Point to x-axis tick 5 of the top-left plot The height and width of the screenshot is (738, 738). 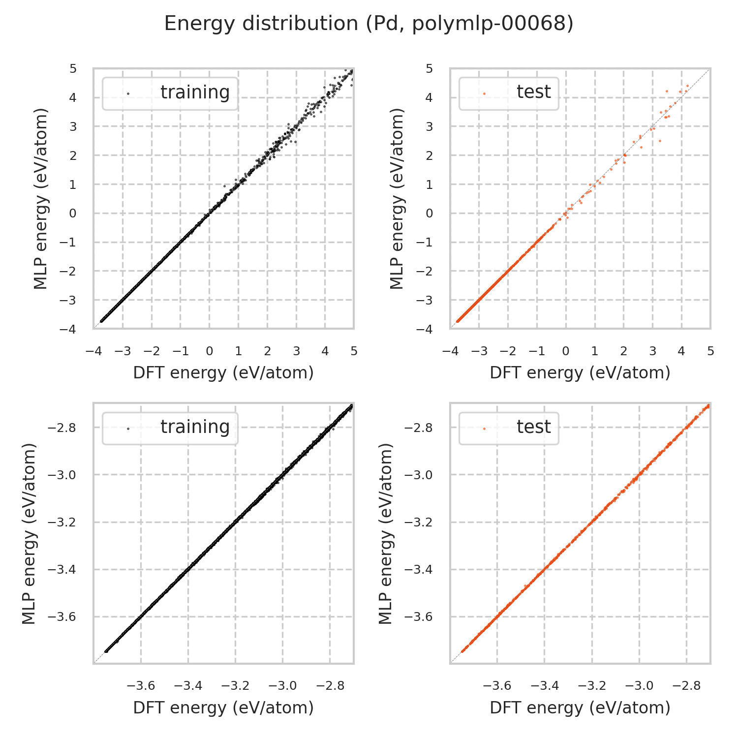pyautogui.click(x=354, y=351)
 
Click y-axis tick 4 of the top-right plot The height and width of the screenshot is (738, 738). pyautogui.click(x=430, y=97)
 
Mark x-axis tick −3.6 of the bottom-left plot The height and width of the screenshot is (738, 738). pyautogui.click(x=141, y=686)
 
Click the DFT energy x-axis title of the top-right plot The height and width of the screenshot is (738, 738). pyautogui.click(x=580, y=373)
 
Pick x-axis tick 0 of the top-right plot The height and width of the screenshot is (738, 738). pyautogui.click(x=566, y=351)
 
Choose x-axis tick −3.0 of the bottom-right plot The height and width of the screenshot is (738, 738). pyautogui.click(x=639, y=686)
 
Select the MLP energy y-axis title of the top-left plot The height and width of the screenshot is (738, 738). pyautogui.click(x=41, y=199)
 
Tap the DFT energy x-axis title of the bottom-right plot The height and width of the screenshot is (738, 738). pyautogui.click(x=580, y=707)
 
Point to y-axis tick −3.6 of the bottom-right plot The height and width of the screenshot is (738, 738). pyautogui.click(x=419, y=617)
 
